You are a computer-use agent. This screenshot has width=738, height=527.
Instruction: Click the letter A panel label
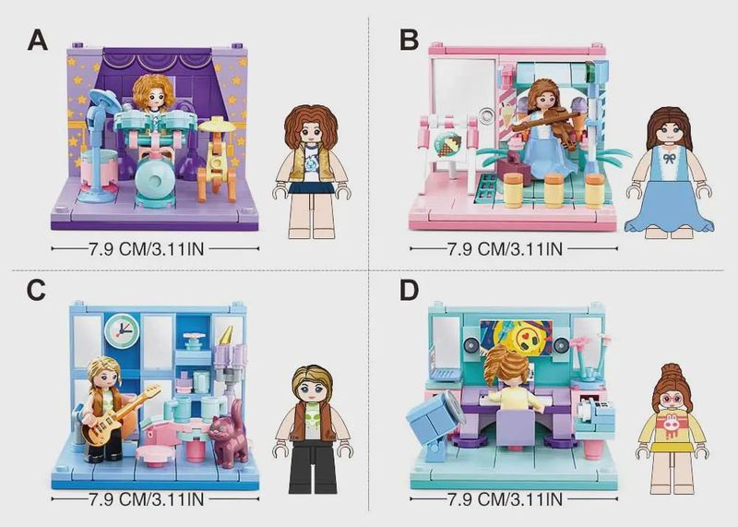point(38,40)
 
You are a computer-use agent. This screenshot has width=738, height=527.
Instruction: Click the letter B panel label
point(409,40)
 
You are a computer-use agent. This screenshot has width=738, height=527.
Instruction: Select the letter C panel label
point(36,290)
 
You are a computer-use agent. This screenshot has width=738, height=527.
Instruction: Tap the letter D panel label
point(409,290)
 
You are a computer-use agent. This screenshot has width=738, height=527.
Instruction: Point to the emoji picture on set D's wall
point(516,336)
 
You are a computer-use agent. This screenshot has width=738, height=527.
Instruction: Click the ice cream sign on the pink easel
point(447,144)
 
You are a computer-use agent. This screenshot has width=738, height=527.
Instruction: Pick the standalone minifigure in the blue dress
point(668,173)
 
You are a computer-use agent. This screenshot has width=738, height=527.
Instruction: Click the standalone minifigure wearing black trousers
point(313,429)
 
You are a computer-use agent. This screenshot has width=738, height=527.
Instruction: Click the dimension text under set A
point(147,248)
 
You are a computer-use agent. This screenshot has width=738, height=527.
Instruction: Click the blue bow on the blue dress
point(668,156)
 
